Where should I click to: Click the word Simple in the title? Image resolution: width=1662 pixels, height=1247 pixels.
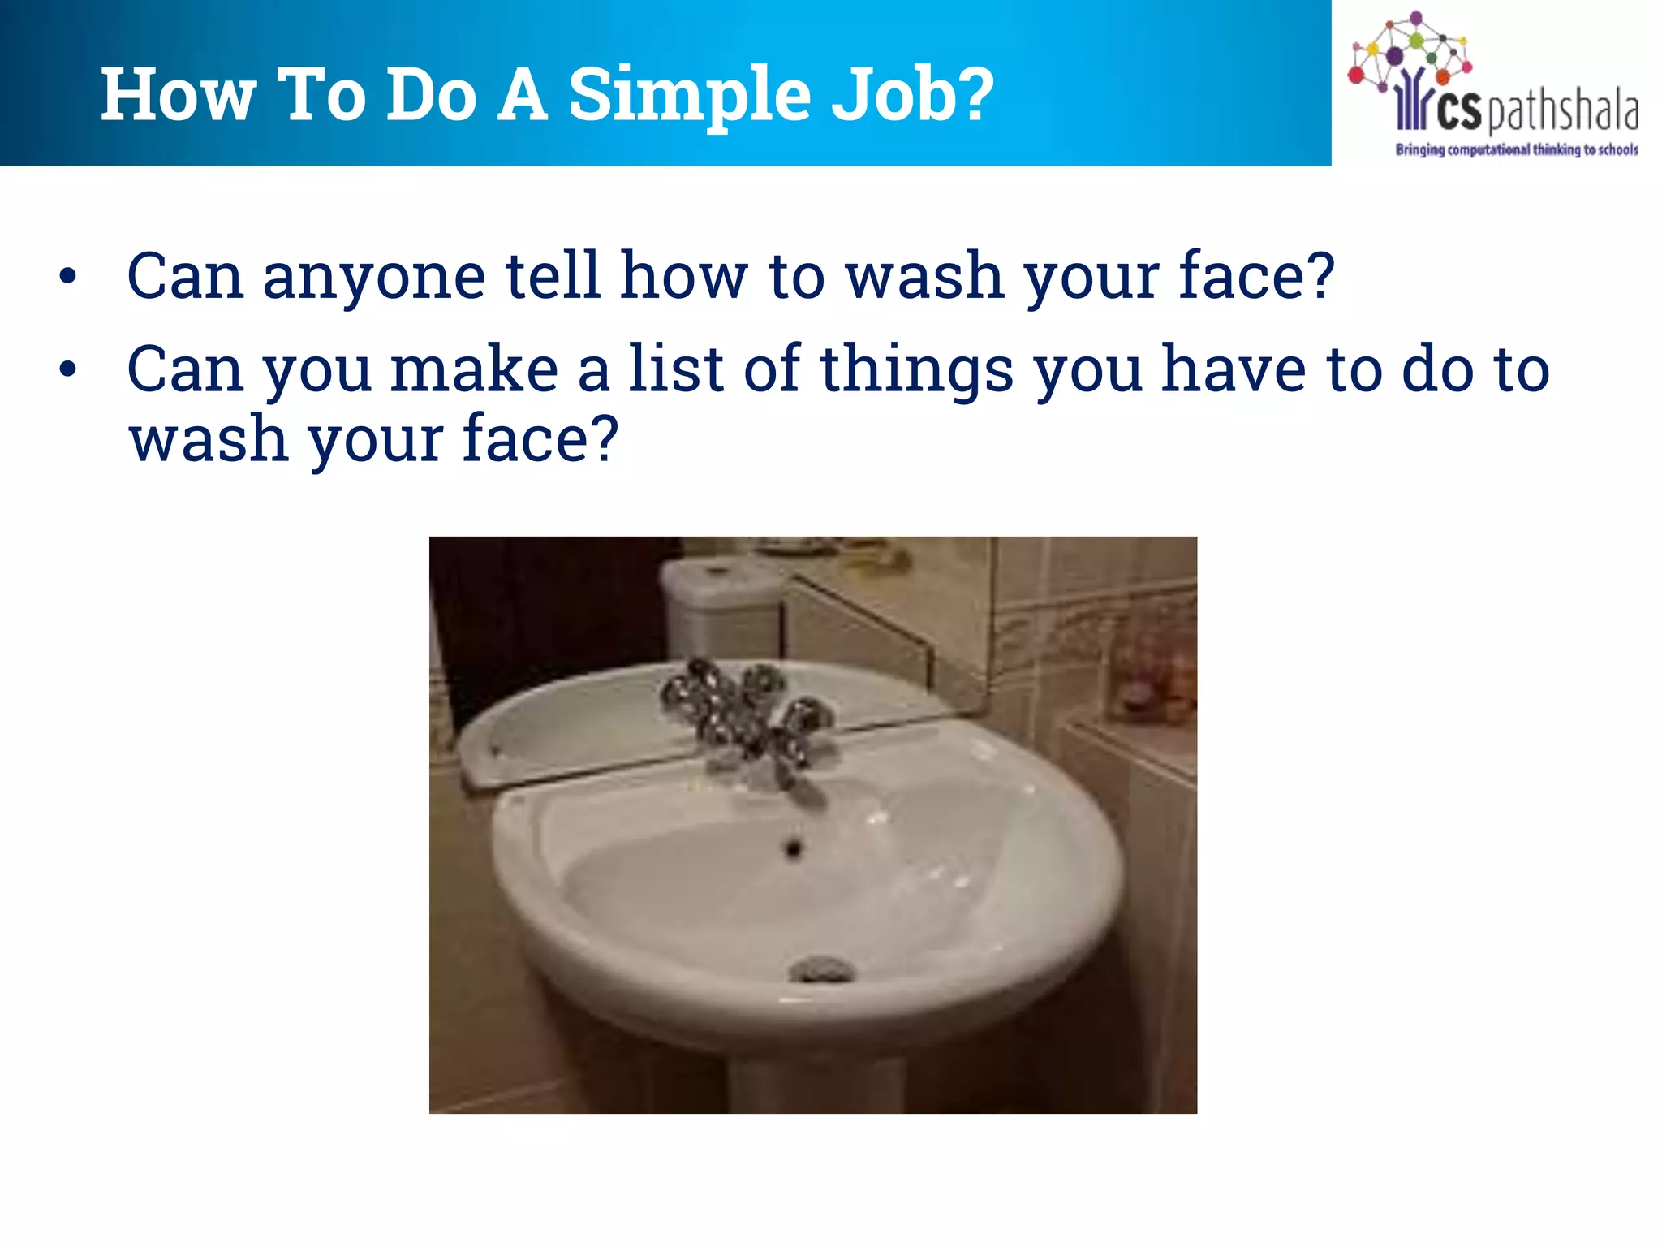point(689,95)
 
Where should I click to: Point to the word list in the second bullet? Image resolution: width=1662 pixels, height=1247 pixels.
point(675,369)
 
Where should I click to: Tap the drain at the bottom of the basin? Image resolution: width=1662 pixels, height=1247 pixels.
point(821,968)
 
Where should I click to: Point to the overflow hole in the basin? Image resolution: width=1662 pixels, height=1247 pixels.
point(793,849)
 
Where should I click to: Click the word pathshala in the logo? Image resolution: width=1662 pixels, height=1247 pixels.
point(1562,112)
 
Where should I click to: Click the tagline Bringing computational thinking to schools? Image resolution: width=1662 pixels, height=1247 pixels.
point(1516,149)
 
